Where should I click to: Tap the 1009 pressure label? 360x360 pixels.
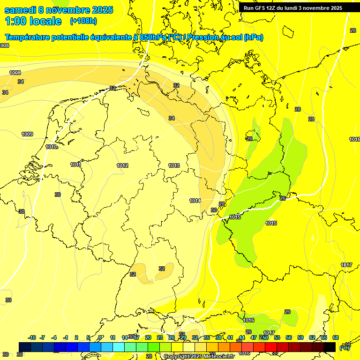tap(27, 135)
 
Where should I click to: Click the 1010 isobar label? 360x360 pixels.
tap(52, 147)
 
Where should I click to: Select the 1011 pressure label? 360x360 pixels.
tap(75, 165)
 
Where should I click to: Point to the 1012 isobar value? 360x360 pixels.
tap(123, 165)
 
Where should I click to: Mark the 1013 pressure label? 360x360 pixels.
tap(174, 165)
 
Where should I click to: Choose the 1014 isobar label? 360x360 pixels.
tap(195, 201)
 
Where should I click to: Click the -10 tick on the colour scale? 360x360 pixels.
tap(32, 337)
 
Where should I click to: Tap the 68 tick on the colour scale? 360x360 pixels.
tap(336, 337)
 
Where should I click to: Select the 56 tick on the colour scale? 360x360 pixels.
tap(289, 337)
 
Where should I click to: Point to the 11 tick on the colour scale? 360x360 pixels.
tap(113, 337)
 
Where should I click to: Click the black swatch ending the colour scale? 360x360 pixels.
tap(330, 347)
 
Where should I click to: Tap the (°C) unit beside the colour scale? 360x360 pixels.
tap(345, 347)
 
